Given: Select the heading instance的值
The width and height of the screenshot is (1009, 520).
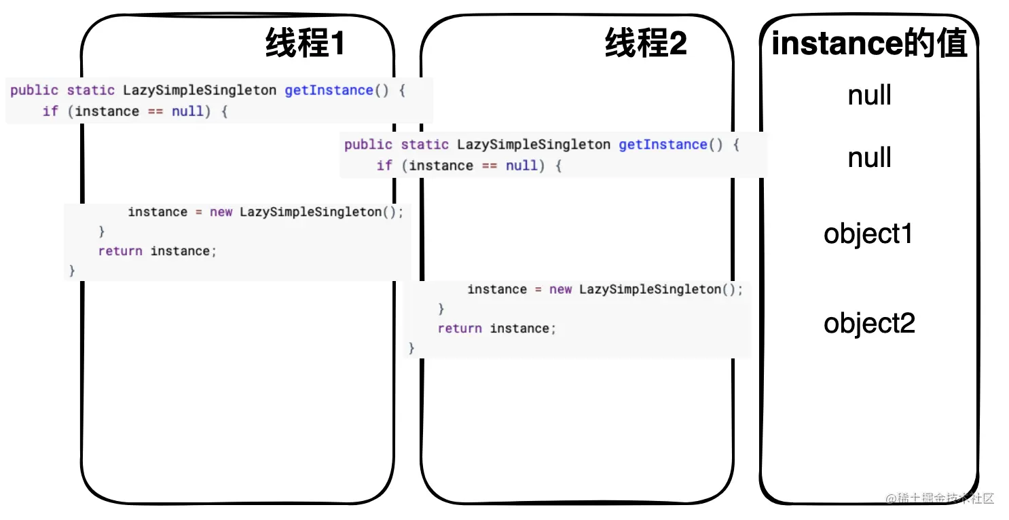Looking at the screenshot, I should [869, 45].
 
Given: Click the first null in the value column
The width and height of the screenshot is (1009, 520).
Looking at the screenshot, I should [869, 96].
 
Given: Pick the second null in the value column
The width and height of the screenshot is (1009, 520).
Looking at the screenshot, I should [869, 158].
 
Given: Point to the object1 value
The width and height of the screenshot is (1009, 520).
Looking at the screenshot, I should [868, 234].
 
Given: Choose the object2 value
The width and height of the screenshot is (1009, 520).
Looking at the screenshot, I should [869, 323].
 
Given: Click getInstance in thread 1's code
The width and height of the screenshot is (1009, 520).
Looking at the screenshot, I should [329, 90].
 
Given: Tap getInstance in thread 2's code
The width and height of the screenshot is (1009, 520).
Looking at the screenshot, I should [663, 145].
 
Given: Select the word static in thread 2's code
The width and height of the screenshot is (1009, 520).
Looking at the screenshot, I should [425, 145].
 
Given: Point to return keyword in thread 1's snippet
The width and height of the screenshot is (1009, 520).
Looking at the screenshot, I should [120, 251].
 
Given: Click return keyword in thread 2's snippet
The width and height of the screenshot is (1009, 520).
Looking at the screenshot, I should [460, 329].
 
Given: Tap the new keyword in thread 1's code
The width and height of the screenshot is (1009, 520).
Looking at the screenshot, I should [221, 212].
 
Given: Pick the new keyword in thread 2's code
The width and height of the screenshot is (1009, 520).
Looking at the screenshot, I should [561, 289].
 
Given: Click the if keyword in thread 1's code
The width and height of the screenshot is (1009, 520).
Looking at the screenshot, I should [50, 111].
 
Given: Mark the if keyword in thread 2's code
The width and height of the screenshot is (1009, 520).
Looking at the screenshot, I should [384, 166].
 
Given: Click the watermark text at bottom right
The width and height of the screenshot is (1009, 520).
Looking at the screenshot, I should [940, 498].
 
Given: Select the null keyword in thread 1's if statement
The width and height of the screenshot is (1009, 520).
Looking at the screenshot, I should [187, 111].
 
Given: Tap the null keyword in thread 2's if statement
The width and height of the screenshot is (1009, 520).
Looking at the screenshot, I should [521, 166].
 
